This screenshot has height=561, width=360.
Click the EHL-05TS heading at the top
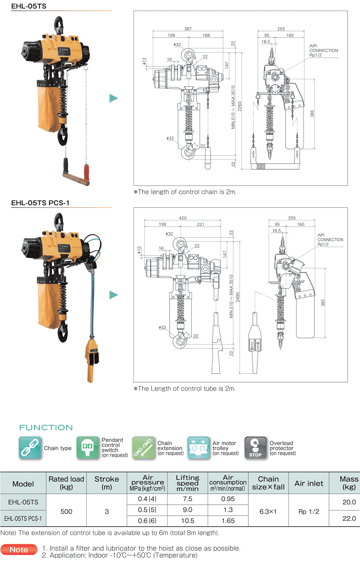29,6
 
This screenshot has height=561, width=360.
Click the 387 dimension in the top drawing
188,29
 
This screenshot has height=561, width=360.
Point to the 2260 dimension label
239,106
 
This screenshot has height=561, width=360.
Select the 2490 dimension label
237,298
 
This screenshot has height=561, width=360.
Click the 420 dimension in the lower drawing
183,217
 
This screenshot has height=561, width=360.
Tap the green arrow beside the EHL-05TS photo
113,98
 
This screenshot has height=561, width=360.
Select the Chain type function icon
30,447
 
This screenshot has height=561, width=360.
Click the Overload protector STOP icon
255,447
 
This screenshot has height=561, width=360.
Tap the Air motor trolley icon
199,447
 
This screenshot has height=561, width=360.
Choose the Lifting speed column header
188,483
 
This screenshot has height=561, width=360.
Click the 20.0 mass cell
349,502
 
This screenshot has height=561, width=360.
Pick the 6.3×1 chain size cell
268,511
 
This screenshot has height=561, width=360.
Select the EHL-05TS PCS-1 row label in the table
23,518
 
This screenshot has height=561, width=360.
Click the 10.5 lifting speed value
188,521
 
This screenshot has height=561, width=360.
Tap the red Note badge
19,550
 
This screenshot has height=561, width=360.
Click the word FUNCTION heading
46,427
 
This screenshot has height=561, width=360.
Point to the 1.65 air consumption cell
228,521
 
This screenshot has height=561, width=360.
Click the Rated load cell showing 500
67,511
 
